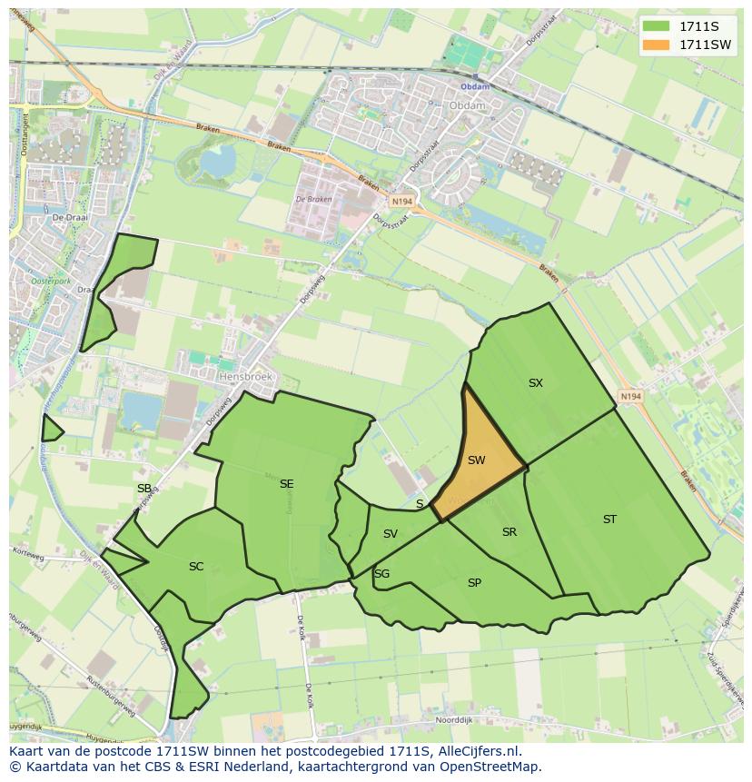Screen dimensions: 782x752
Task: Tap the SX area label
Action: tap(536, 383)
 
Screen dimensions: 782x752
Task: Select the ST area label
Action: tap(609, 520)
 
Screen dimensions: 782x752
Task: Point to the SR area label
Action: tap(510, 532)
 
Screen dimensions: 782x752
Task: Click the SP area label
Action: tap(474, 583)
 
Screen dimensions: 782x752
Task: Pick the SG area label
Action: tap(381, 574)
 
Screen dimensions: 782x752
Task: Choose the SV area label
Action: tap(391, 534)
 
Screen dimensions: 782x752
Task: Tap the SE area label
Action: tap(286, 484)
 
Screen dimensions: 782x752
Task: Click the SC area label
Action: tap(196, 567)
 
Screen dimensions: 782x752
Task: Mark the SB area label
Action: tap(144, 489)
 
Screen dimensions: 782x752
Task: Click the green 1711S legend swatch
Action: tap(655, 26)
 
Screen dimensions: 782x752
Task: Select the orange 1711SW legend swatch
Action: tap(655, 45)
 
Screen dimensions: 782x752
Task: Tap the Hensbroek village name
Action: tap(245, 375)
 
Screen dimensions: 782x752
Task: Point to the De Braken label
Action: tap(313, 200)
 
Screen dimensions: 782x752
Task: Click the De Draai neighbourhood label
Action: tap(68, 219)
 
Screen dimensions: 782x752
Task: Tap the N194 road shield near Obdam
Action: tap(401, 201)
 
